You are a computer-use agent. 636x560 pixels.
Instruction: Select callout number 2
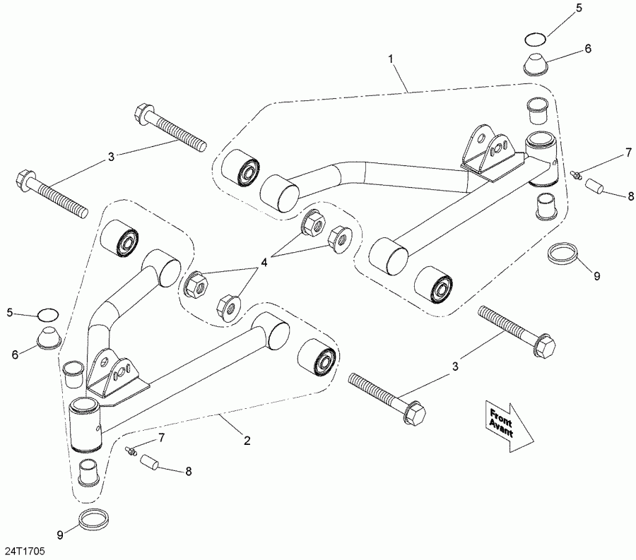247,441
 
